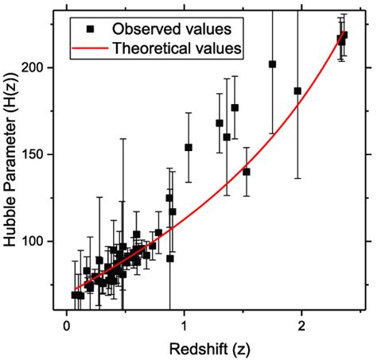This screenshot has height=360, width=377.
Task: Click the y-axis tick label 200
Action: click(x=42, y=68)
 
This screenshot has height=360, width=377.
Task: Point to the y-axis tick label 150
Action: click(x=42, y=154)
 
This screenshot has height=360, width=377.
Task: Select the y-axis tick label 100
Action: click(x=42, y=241)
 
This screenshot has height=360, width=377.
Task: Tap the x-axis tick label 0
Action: click(x=66, y=326)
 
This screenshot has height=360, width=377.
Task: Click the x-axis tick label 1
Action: click(x=184, y=326)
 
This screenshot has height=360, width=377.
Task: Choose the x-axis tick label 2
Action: click(x=301, y=326)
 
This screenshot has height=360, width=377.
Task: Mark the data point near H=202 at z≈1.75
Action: click(x=272, y=64)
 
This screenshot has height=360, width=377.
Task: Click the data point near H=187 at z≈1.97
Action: click(x=297, y=91)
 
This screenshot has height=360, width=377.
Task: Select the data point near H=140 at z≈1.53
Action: click(x=247, y=172)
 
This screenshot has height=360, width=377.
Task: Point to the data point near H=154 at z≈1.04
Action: click(x=188, y=147)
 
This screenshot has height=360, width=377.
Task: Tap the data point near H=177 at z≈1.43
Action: click(x=235, y=107)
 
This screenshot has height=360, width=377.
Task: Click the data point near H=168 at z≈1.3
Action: click(x=220, y=123)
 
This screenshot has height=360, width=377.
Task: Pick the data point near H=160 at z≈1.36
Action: click(x=227, y=137)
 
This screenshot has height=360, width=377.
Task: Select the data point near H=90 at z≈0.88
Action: click(x=170, y=258)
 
